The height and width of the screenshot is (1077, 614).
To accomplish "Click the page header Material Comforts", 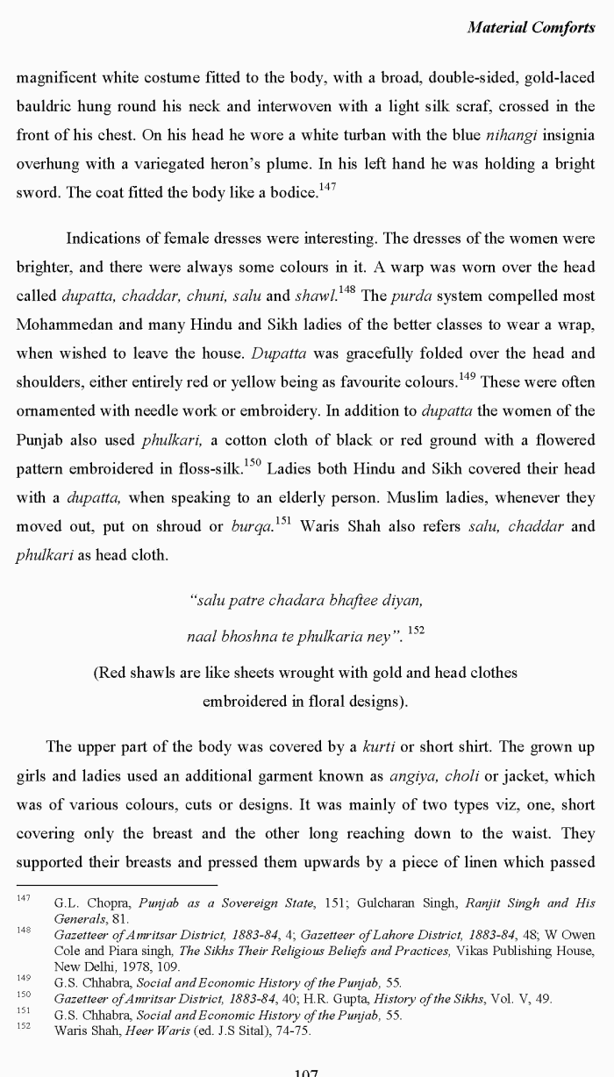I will (531, 27).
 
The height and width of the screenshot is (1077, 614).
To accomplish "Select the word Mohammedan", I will (59, 325).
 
